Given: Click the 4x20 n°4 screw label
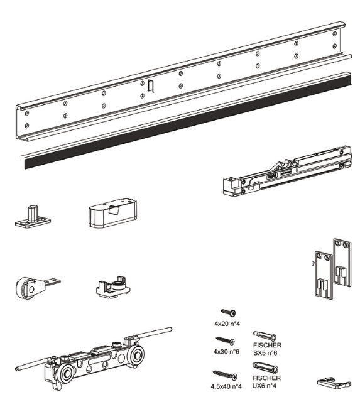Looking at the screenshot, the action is tap(227, 324).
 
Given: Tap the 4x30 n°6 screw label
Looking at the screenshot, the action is tap(226, 351).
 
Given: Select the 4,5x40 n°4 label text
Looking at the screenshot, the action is tap(226, 386).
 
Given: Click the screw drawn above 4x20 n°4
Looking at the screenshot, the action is tap(229, 313).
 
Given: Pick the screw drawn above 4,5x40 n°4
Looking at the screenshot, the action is tap(225, 375).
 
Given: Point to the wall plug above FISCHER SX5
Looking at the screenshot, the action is tap(265, 335).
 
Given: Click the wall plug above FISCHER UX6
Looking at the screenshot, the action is tap(265, 367).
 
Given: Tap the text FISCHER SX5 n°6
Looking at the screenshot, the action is tap(267, 349).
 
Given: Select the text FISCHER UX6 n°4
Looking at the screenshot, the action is tap(266, 382).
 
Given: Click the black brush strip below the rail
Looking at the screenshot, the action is tap(188, 121).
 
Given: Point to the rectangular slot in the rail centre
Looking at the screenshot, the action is tap(151, 86).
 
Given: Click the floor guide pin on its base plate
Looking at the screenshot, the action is tap(33, 217).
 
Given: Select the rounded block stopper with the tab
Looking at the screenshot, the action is tap(113, 212).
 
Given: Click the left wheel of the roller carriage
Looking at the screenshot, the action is tap(65, 374).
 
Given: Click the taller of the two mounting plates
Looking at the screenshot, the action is tap(342, 263).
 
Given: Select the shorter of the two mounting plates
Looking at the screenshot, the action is tap(324, 275).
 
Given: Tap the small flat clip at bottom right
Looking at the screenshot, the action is tap(334, 383).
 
